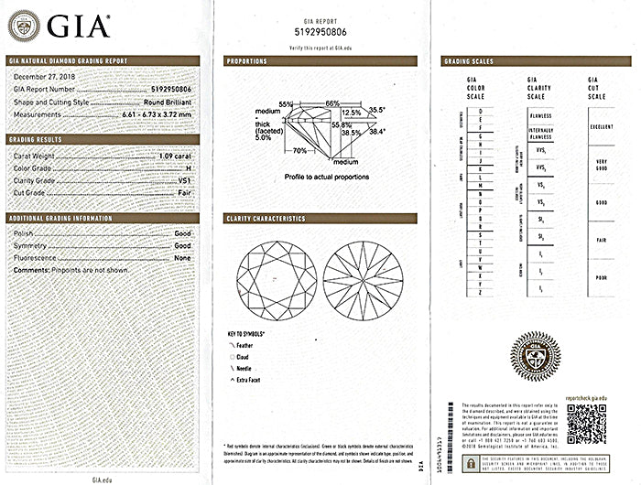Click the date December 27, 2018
[44, 78]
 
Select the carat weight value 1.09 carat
[175, 157]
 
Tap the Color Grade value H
[188, 169]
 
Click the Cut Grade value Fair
[183, 193]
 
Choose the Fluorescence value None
[182, 259]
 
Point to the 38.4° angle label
[377, 132]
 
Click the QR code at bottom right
[586, 423]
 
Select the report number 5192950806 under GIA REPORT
[320, 34]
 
